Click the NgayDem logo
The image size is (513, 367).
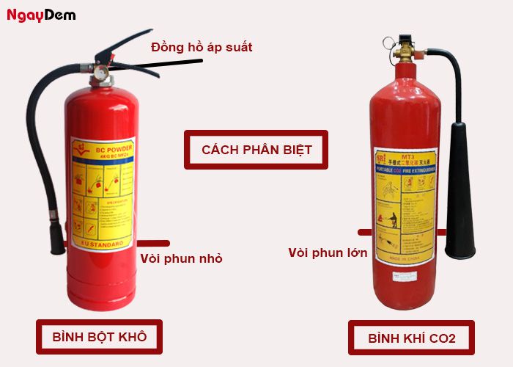[41, 15]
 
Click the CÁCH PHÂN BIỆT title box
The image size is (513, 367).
[256, 150]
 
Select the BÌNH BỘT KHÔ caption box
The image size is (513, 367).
[99, 337]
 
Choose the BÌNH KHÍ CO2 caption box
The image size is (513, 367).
[411, 338]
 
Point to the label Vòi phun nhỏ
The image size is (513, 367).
[180, 258]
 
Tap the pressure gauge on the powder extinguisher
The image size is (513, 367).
[98, 74]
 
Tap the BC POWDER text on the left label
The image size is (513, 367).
[106, 147]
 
